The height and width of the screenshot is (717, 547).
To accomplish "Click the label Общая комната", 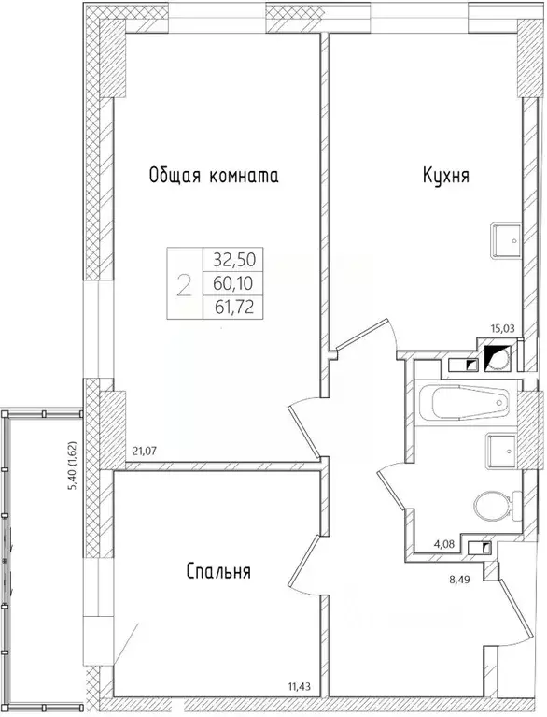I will [x=214, y=175].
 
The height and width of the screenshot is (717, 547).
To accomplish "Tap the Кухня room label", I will [x=444, y=175].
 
